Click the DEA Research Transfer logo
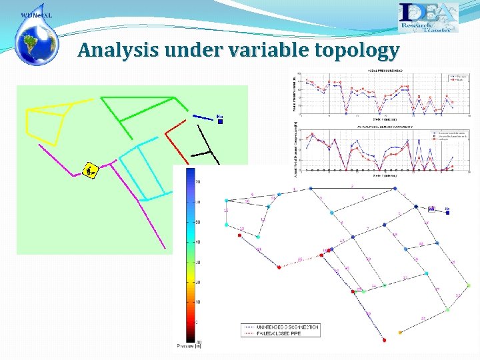coord(428,17)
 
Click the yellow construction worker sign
coord(90,171)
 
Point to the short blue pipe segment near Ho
coord(203,117)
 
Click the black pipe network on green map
coord(207,147)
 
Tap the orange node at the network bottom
coord(399,332)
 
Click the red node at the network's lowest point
coord(385,339)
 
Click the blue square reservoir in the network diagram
coord(431,209)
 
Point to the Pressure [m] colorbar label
coord(189,345)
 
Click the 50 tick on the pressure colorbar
coord(197,222)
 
